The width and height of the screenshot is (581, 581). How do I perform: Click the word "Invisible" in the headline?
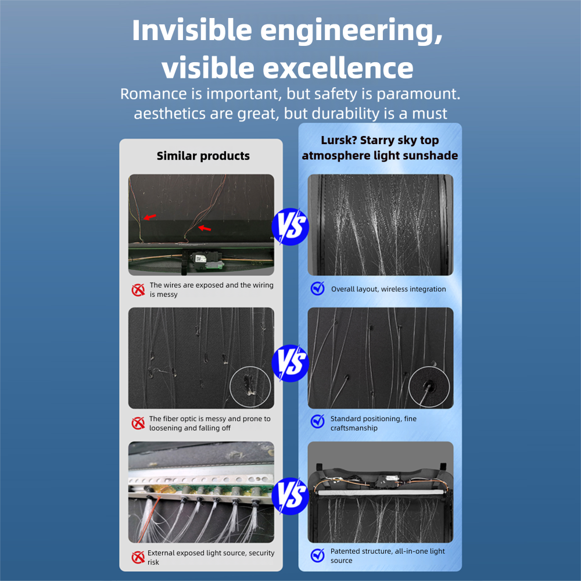(192, 30)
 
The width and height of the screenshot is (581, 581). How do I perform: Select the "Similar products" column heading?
(203, 156)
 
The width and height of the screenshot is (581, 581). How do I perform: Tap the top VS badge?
(290, 227)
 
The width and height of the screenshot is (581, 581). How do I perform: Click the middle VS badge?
(290, 363)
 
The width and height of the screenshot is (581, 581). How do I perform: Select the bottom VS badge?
(290, 496)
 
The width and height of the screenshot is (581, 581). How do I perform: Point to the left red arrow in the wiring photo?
(150, 217)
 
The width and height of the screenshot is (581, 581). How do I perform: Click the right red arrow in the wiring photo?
(205, 228)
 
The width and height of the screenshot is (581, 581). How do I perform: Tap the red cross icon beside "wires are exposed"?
(138, 290)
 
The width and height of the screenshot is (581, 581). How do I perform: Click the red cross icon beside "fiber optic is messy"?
(138, 423)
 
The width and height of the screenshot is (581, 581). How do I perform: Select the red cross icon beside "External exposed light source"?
(138, 557)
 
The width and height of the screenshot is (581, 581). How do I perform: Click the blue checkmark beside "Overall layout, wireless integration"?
(318, 288)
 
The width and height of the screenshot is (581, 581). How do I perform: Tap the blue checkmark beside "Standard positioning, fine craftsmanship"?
(318, 421)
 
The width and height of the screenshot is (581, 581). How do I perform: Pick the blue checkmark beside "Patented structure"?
(318, 555)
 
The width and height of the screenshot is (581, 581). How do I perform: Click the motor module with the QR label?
(206, 260)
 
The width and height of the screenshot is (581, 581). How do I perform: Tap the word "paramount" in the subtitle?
(417, 94)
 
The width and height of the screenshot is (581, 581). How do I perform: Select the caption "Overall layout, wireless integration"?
(388, 289)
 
